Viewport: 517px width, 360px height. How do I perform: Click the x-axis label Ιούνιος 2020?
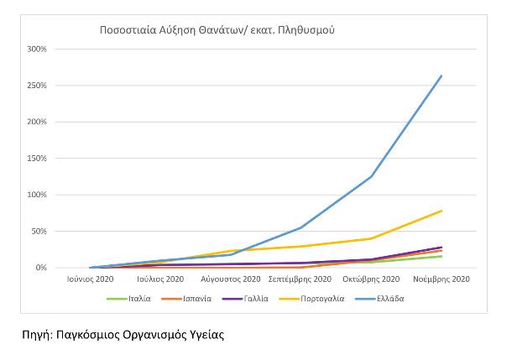click(91, 279)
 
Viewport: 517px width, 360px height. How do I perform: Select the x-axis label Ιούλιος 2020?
click(161, 279)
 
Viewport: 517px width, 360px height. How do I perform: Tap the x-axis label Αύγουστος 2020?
click(231, 279)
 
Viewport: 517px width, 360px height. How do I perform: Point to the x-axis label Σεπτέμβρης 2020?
click(300, 279)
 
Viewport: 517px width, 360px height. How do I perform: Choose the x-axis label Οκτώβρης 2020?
click(371, 279)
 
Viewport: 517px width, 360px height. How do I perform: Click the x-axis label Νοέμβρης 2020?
click(441, 279)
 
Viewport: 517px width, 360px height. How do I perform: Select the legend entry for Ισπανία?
click(192, 297)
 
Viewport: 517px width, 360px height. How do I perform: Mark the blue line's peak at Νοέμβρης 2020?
click(441, 76)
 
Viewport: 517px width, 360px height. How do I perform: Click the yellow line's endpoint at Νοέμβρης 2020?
click(441, 211)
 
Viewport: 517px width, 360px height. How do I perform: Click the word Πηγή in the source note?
click(38, 335)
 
